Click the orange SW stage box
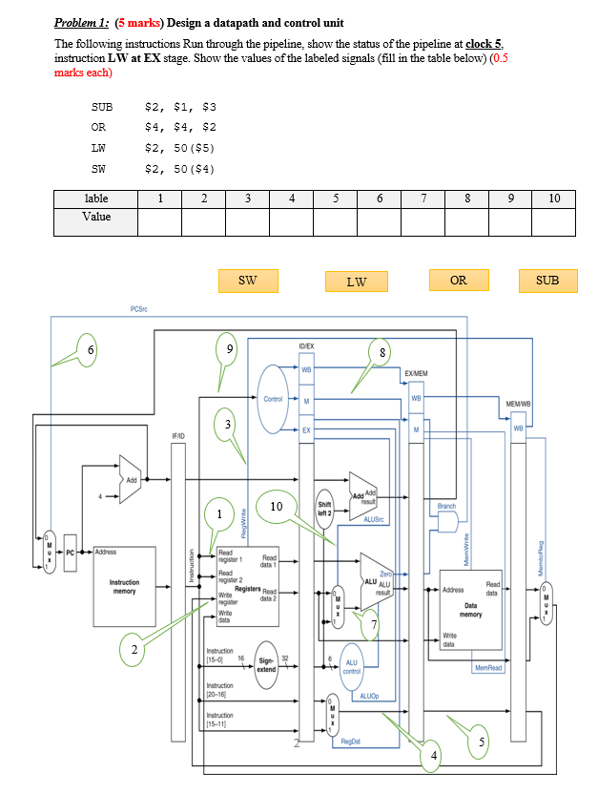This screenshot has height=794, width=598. [x=246, y=281]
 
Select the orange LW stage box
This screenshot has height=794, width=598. [x=356, y=282]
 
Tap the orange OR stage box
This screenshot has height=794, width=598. [x=459, y=280]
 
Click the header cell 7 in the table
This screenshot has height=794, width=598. [x=423, y=198]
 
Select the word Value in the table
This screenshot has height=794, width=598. [x=96, y=217]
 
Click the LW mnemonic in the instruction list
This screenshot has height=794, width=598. [x=98, y=148]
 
